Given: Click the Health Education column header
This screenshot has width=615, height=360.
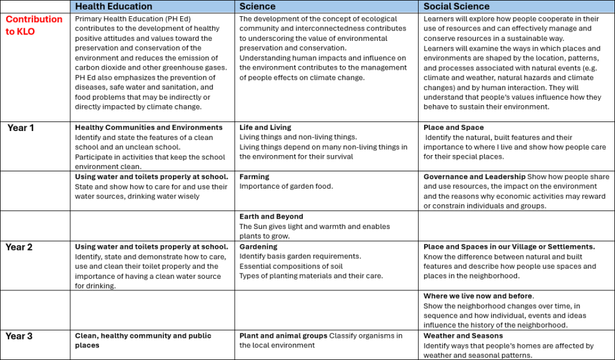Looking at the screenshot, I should pyautogui.click(x=114, y=7).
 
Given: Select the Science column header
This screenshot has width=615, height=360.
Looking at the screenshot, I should pyautogui.click(x=258, y=7).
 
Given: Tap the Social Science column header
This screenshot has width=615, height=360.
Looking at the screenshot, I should pyautogui.click(x=456, y=7).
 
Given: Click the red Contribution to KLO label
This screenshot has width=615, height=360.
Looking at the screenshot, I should pyautogui.click(x=34, y=25).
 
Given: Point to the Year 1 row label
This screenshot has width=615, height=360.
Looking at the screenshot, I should pyautogui.click(x=21, y=128).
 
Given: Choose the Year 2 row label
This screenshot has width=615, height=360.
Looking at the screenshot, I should pyautogui.click(x=19, y=247).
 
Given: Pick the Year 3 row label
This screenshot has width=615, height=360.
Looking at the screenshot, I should pyautogui.click(x=19, y=336).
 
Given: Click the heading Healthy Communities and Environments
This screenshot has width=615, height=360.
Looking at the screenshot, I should pyautogui.click(x=148, y=127).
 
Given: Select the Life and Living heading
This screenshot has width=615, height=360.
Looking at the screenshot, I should pyautogui.click(x=265, y=127).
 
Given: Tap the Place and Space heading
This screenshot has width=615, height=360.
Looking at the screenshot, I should pyautogui.click(x=453, y=127).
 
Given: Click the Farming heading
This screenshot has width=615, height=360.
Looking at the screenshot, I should pyautogui.click(x=255, y=177).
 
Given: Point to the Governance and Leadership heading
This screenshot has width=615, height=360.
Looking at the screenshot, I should pyautogui.click(x=474, y=177).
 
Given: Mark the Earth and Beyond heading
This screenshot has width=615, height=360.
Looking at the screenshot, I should pyautogui.click(x=271, y=216).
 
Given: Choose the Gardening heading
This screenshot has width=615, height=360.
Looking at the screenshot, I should pyautogui.click(x=258, y=246).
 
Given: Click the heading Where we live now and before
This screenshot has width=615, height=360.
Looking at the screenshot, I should pyautogui.click(x=478, y=296).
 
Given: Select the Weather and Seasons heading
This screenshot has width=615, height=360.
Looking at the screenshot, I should pyautogui.click(x=463, y=335).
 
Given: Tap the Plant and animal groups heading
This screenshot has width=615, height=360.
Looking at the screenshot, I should pyautogui.click(x=283, y=335).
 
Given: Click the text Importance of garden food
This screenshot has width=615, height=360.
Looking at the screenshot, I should pyautogui.click(x=286, y=186).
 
